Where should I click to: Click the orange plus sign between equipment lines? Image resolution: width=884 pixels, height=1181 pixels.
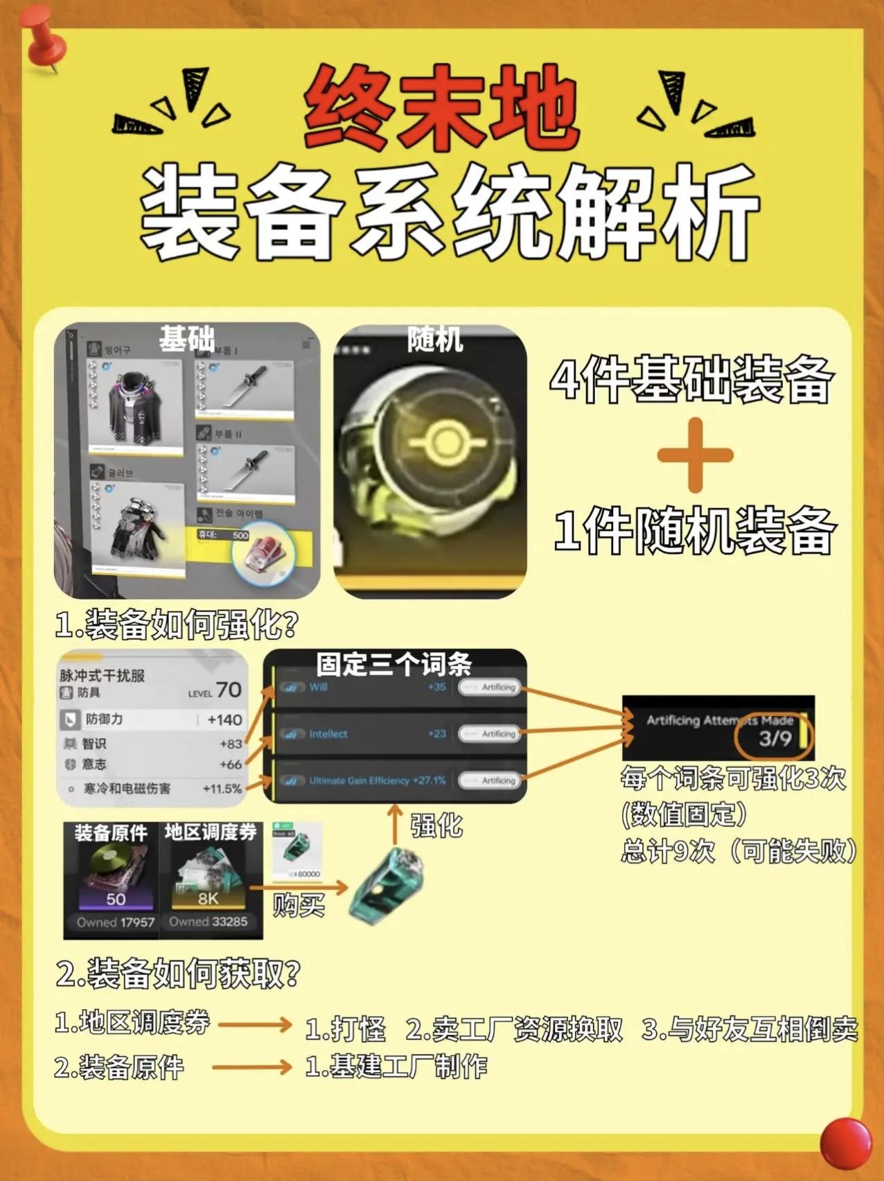coord(695,455)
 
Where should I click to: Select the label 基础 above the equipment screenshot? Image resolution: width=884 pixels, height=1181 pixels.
coord(186,338)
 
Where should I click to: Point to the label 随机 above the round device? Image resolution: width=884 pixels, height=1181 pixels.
coord(434,340)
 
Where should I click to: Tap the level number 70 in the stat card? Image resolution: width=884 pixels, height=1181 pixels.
coord(228,690)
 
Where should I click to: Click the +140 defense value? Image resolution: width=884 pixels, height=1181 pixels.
coord(224,720)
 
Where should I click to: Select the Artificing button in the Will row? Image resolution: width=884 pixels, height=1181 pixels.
coord(490,687)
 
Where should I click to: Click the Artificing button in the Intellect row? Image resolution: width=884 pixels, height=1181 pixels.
coord(490,733)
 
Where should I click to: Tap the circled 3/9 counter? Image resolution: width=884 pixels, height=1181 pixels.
coord(774,738)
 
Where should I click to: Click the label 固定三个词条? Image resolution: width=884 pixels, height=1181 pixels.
coord(394,665)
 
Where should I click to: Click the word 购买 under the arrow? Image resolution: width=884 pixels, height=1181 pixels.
coord(299,904)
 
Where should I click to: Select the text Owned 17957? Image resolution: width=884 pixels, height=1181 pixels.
coord(116,922)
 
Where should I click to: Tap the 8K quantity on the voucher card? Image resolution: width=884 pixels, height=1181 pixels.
coord(209,898)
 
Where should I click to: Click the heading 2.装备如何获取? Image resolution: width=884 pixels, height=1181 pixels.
coord(177,973)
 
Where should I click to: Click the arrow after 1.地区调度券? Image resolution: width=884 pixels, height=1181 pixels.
coord(255,1024)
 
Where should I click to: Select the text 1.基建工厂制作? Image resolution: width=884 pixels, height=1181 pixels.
coord(396,1066)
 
